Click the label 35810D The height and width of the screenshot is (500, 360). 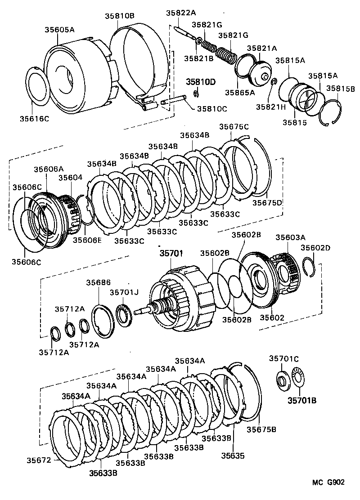201,82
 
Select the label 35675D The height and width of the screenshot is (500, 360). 266,203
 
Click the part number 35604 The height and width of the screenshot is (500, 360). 70,178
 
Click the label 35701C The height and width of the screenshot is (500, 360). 284,358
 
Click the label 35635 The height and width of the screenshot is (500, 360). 233,455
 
